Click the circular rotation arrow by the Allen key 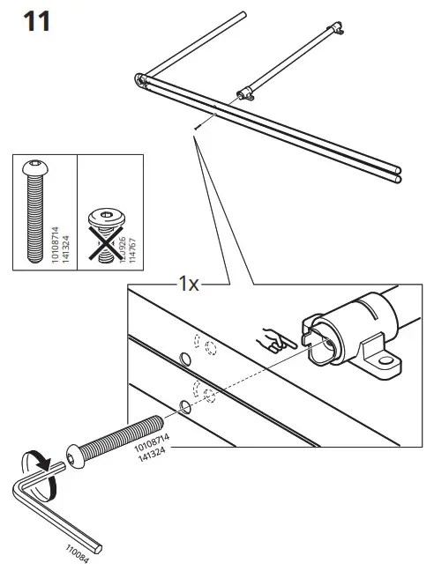(38, 471)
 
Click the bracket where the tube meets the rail (245, 95)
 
